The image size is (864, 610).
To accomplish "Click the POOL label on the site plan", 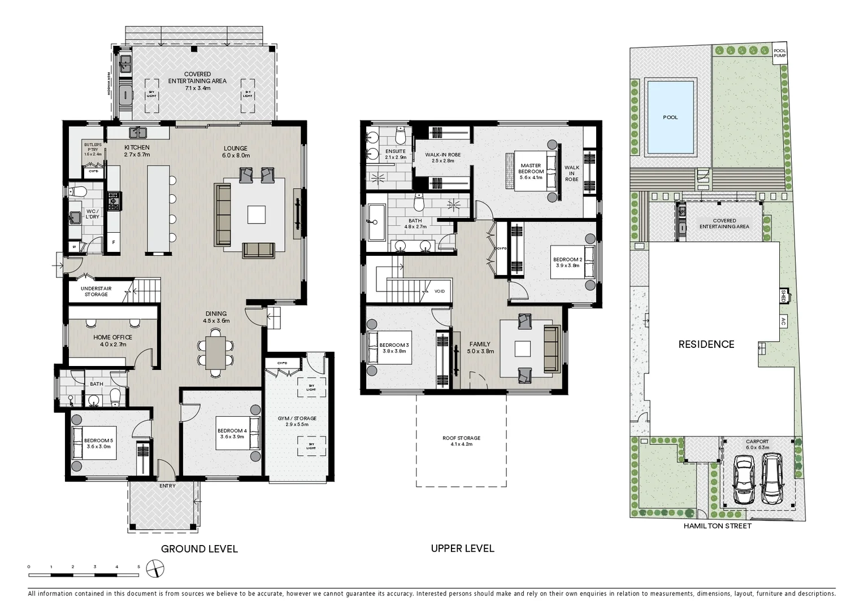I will click(x=670, y=117).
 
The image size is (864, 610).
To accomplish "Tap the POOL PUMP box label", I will click(x=780, y=53).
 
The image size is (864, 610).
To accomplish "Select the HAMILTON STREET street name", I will click(x=718, y=526).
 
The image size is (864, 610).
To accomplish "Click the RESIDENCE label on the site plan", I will click(x=706, y=344).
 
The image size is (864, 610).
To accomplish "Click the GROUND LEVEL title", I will click(x=199, y=549).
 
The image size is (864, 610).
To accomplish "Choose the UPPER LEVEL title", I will click(x=462, y=548).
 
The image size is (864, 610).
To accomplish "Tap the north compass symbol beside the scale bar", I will click(x=155, y=569).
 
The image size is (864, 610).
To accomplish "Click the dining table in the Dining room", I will click(x=215, y=353).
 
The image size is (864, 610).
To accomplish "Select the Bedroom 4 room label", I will click(x=232, y=434).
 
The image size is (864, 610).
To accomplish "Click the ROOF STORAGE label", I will click(x=461, y=441).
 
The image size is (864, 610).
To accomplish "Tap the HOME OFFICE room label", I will click(x=113, y=341).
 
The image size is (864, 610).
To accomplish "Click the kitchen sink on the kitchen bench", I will click(x=138, y=133).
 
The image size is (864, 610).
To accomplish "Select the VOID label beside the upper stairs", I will click(x=439, y=291).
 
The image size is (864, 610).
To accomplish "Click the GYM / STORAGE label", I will click(x=297, y=421).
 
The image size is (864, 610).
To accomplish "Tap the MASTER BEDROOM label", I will click(x=531, y=172).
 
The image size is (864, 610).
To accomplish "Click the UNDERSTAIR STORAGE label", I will click(x=96, y=291).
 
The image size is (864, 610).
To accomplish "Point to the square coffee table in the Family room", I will click(x=522, y=348).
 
